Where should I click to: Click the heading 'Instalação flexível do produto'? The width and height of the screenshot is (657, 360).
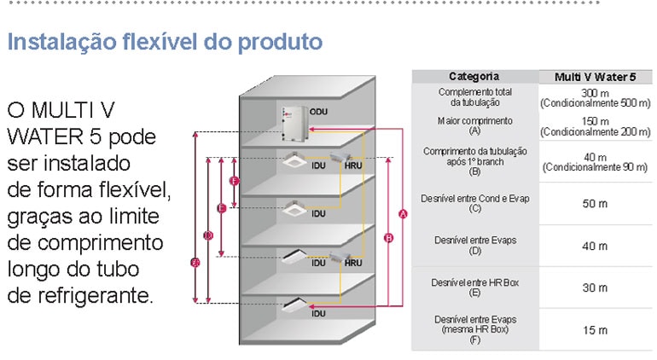click(165, 41)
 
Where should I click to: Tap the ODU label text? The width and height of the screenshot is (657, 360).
click(319, 112)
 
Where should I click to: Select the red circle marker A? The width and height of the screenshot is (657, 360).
click(403, 213)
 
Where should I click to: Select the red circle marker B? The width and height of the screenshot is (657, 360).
click(389, 238)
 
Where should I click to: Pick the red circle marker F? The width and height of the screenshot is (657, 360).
click(234, 181)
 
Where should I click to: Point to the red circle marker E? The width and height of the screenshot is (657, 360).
click(221, 207)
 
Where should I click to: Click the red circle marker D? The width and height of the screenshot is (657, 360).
click(208, 235)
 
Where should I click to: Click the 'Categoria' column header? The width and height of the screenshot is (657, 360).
click(474, 76)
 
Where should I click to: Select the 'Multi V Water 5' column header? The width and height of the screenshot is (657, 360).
click(595, 76)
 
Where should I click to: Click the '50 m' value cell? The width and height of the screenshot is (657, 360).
click(595, 204)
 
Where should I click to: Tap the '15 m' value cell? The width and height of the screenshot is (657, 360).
click(595, 330)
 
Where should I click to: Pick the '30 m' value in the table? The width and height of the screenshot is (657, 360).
click(595, 287)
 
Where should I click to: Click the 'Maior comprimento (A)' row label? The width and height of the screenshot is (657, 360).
click(475, 126)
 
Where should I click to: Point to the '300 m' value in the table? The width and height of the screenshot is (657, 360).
click(595, 91)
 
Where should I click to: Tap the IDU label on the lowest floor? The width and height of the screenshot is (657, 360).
click(318, 314)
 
